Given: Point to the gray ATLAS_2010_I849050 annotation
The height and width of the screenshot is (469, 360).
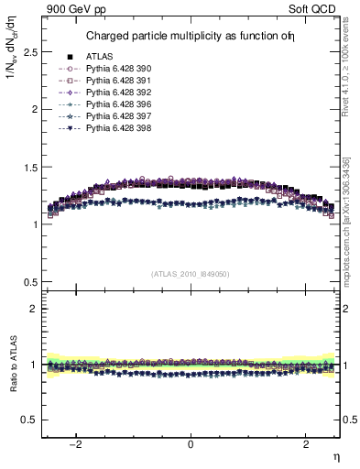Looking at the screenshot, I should tap(191, 274).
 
